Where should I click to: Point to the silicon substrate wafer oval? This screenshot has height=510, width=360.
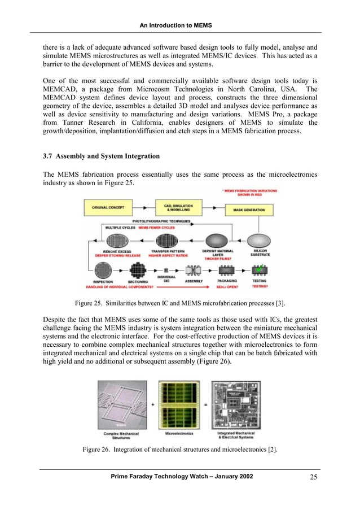[260, 241]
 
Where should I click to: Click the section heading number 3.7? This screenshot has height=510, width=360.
[49, 155]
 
